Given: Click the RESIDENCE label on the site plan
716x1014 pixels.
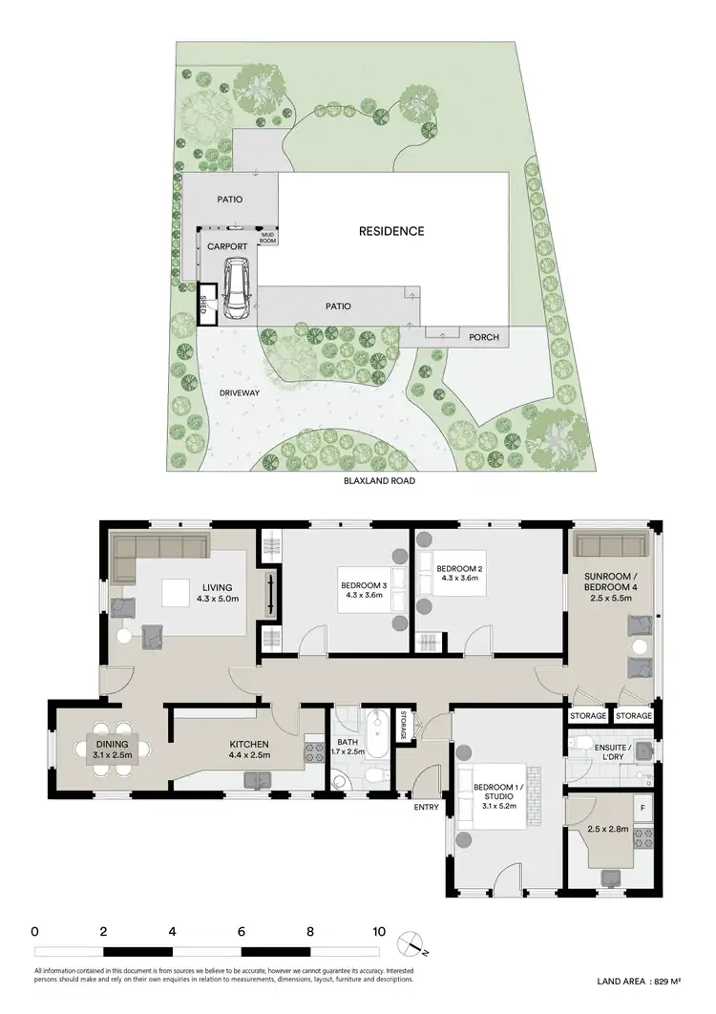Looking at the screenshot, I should point(391,231).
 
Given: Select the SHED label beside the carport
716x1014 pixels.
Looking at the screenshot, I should point(202,304).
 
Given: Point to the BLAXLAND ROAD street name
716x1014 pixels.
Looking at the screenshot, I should point(380,481).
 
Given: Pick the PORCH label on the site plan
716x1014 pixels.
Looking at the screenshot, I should point(483,337).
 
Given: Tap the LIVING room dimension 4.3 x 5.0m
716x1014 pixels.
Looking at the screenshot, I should point(218,600).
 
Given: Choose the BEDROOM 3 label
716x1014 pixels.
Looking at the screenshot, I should point(362,585).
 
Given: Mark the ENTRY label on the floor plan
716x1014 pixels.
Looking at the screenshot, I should point(426,808).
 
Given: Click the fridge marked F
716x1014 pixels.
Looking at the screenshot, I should point(642,808).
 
